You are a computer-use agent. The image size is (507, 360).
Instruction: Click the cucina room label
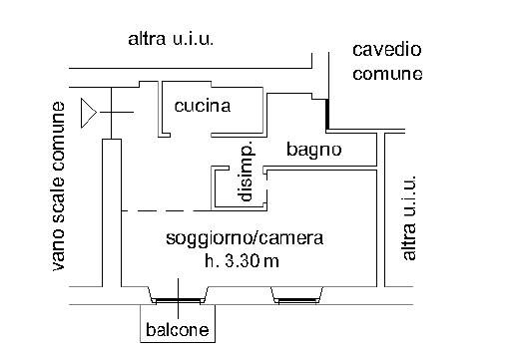coord(203,106)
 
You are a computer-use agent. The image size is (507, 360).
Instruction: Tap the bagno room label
coord(314,150)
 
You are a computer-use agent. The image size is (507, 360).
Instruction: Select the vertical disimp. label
coord(247,172)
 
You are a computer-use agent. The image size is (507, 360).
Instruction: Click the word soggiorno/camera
coord(245,239)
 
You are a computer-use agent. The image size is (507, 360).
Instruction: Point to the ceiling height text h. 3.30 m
coord(242,261)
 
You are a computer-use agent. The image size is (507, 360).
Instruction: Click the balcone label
coord(178,330)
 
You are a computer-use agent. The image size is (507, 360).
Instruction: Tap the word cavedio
coord(387,50)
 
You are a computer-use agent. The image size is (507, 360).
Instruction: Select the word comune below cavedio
coord(387,74)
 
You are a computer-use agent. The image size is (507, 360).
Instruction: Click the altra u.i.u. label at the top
coord(171,39)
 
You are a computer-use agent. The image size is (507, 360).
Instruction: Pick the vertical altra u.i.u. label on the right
coord(409,217)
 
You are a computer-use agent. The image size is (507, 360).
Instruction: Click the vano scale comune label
coord(58,186)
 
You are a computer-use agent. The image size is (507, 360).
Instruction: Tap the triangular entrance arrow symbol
coord(89,113)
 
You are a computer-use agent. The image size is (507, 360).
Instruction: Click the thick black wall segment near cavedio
coord(327,114)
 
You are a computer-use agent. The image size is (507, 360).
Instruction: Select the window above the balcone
coord(179,301)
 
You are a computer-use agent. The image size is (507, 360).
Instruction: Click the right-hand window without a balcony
coord(296,301)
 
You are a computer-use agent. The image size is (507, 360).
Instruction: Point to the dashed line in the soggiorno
coord(167,210)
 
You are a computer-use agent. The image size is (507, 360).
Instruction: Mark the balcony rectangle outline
coord(140,323)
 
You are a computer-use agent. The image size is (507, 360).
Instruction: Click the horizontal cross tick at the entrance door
coord(117,113)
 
